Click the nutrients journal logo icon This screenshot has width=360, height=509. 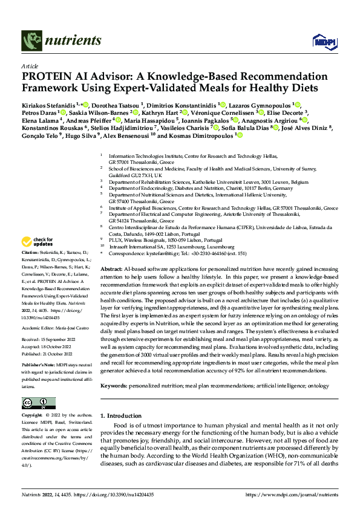[x=30, y=41]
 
